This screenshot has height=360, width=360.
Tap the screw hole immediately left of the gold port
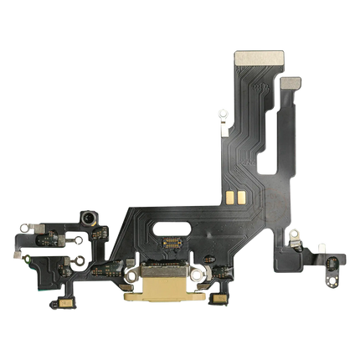tap(131, 274)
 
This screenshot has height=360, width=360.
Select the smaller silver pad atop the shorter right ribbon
tap(292, 83)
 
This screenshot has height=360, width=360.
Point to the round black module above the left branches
tap(85, 219)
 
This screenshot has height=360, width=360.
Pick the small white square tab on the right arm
tap(319, 247)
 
